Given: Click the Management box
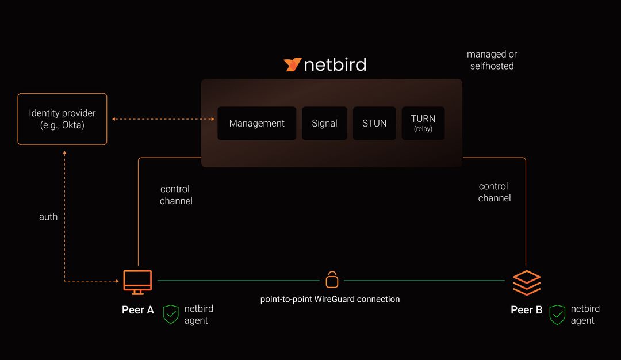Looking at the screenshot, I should (x=256, y=123).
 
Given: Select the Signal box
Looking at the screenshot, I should (x=324, y=123).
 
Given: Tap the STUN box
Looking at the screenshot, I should (x=374, y=123).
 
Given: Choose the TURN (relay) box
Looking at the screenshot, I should (x=423, y=123).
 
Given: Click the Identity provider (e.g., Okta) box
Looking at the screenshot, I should (x=62, y=119).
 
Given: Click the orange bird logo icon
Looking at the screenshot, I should (x=292, y=64).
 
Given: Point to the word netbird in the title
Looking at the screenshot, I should (x=335, y=64).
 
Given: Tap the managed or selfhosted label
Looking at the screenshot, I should (x=492, y=60).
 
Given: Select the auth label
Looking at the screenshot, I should (x=48, y=217).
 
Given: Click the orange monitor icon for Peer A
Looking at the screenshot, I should (x=137, y=281).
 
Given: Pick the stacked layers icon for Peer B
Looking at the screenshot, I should (x=527, y=283).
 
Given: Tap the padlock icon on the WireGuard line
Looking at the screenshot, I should (x=332, y=279).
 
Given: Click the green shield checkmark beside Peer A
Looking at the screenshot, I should (x=171, y=315).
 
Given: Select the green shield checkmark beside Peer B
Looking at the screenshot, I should (x=557, y=315).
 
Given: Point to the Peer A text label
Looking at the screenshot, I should (x=138, y=310).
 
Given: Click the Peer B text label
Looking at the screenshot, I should (x=526, y=310).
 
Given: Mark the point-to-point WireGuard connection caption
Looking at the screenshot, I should (x=330, y=299).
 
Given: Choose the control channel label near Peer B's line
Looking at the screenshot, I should (x=494, y=192).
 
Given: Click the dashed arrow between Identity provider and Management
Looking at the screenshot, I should (x=163, y=119).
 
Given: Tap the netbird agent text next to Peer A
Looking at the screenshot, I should (x=198, y=315).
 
